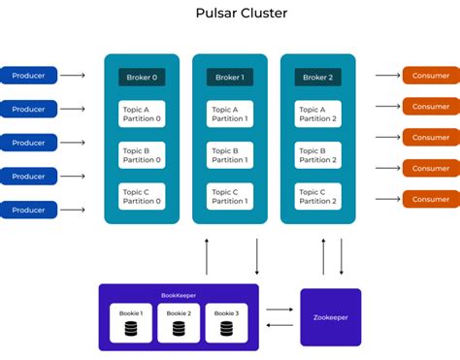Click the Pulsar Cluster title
pos(230,14)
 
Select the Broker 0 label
pos(142,77)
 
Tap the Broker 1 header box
pos(230,77)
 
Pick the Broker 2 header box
pos(317,77)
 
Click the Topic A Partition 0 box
pos(142,114)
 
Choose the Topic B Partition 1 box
pos(230,155)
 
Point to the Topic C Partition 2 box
pos(317,196)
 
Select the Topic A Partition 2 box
pos(317,114)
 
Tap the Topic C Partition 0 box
pos(142,196)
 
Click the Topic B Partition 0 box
pos(142,155)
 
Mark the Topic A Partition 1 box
pos(230,114)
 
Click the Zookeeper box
pos(330,317)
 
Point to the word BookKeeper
pos(179,295)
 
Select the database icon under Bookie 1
pos(131,329)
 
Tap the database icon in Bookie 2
pos(179,329)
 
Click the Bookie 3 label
pos(225,312)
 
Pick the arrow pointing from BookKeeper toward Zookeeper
pos(279,311)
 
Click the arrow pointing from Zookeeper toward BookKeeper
pos(279,325)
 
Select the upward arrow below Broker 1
pos(207,256)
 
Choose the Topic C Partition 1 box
pos(230,196)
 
